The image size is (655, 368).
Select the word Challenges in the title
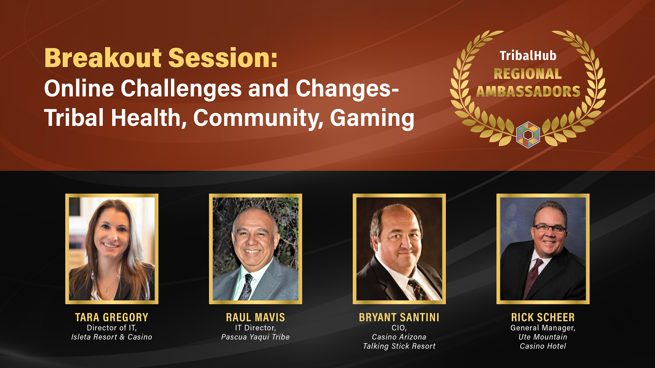coord(181,89)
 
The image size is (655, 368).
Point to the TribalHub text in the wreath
coord(528,56)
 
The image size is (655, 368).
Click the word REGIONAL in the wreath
coord(528,74)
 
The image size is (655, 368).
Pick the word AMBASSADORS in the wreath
coord(528,91)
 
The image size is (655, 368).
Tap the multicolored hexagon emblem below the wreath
coord(528,135)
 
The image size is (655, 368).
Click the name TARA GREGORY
coord(112,318)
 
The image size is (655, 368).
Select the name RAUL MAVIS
coord(255,318)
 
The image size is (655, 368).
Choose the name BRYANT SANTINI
coord(399,318)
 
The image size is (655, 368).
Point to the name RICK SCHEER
coord(543,318)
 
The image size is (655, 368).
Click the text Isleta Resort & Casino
coord(112,337)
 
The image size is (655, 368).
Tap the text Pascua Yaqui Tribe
coord(255,337)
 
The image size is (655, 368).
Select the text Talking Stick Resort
coord(399,346)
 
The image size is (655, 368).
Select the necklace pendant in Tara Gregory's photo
coord(106,289)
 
